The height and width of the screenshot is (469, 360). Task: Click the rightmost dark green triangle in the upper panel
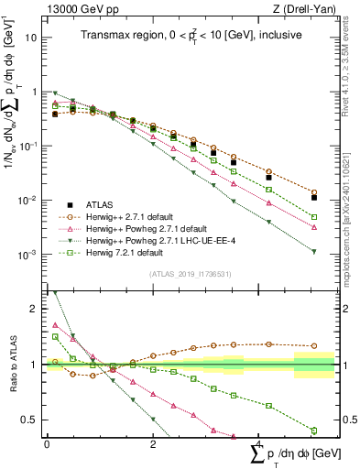pos(314,252)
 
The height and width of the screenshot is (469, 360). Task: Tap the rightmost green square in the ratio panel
pos(314,430)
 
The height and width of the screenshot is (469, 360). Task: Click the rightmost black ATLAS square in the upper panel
pos(314,198)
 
